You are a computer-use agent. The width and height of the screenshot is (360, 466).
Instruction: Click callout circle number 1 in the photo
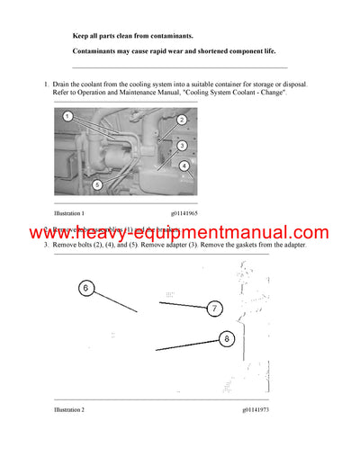pyautogui.click(x=67, y=117)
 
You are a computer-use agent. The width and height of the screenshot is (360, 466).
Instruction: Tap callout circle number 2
pyautogui.click(x=181, y=120)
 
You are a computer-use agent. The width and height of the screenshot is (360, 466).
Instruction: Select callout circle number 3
pyautogui.click(x=182, y=145)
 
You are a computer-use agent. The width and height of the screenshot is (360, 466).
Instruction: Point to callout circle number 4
pyautogui.click(x=184, y=166)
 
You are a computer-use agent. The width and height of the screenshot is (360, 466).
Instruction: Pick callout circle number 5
pyautogui.click(x=97, y=184)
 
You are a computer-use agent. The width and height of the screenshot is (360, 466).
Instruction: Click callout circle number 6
pyautogui.click(x=86, y=289)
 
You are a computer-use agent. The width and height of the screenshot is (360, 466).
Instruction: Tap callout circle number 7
pyautogui.click(x=214, y=309)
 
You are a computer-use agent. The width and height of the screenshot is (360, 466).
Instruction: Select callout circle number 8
pyautogui.click(x=225, y=339)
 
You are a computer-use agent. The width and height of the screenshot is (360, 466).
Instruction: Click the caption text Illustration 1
pyautogui.click(x=69, y=213)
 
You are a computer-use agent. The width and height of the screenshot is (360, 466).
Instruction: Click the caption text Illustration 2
pyautogui.click(x=69, y=409)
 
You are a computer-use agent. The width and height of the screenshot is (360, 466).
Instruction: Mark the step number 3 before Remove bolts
pyautogui.click(x=46, y=245)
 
